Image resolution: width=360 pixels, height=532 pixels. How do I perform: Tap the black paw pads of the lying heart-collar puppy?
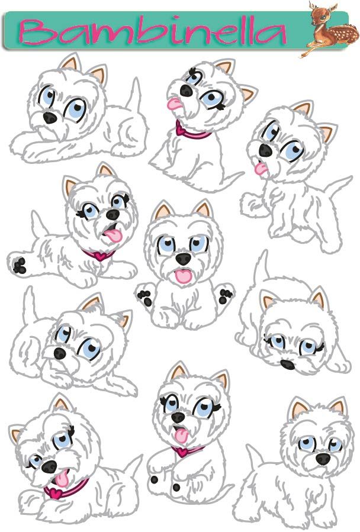pos(20,265)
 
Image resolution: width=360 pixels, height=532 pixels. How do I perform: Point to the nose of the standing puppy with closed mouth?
pos(322,458)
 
